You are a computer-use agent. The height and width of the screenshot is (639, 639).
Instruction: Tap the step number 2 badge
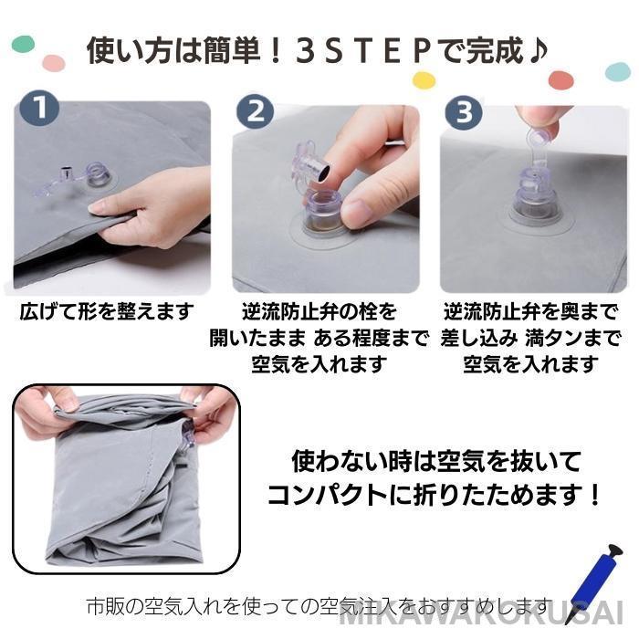tap(256, 110)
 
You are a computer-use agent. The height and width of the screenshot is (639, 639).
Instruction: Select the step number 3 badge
tap(464, 111)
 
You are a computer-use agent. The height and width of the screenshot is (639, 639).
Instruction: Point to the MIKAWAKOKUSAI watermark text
tap(481, 613)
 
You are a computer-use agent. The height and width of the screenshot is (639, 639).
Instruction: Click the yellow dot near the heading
tap(424, 80)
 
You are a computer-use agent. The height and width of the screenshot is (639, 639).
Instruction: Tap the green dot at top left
tap(23, 44)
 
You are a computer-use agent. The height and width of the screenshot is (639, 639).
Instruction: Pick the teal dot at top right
tap(618, 72)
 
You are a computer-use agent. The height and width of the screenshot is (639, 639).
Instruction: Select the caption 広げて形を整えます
tap(107, 311)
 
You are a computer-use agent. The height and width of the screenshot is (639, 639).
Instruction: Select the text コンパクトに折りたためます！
tap(434, 495)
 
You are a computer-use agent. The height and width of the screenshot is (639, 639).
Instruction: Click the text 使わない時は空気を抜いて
tap(436, 462)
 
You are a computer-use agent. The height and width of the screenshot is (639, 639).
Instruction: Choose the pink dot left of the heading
tap(54, 63)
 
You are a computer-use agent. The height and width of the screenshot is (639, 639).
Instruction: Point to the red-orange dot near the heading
tap(561, 80)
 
